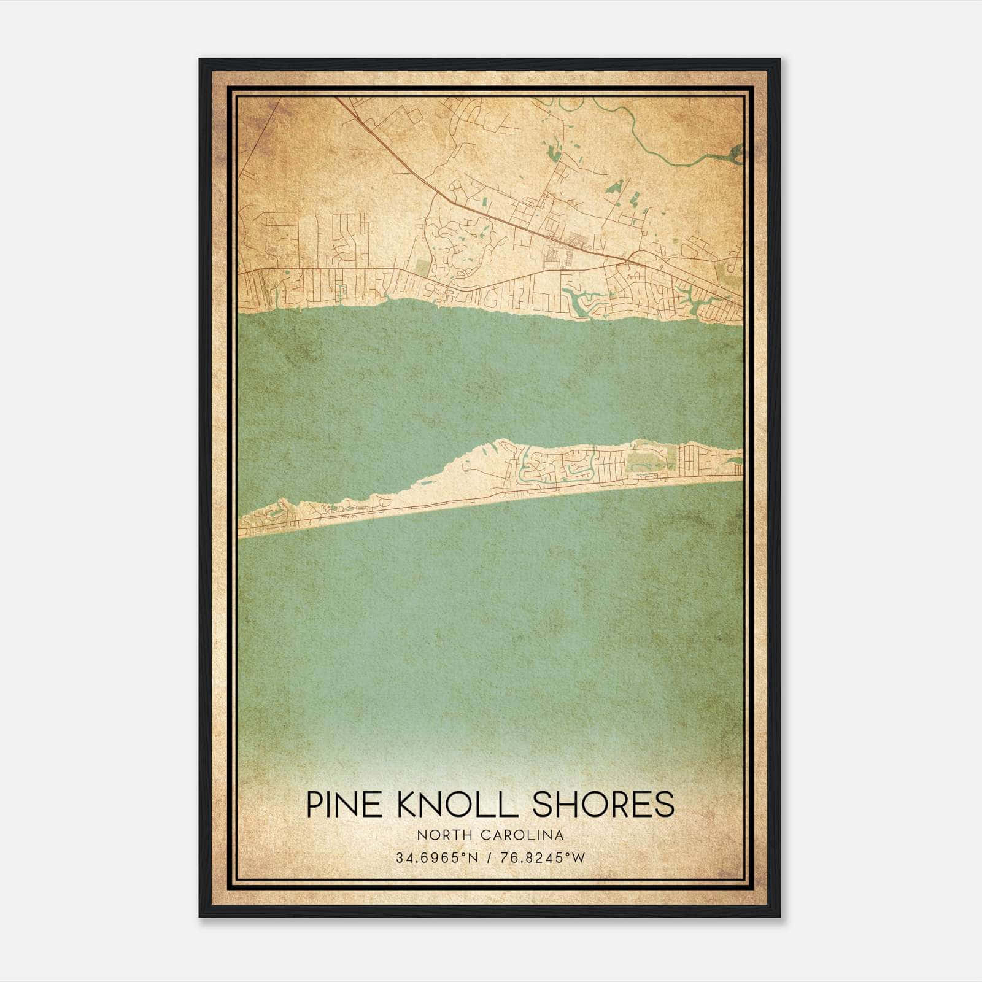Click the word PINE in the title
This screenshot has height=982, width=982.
tap(344, 804)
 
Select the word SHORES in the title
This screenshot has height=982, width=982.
tap(603, 804)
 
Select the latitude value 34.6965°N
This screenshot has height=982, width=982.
tap(436, 858)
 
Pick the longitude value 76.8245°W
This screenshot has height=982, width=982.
tap(543, 858)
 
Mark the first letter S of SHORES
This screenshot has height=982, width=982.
tap(543, 804)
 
